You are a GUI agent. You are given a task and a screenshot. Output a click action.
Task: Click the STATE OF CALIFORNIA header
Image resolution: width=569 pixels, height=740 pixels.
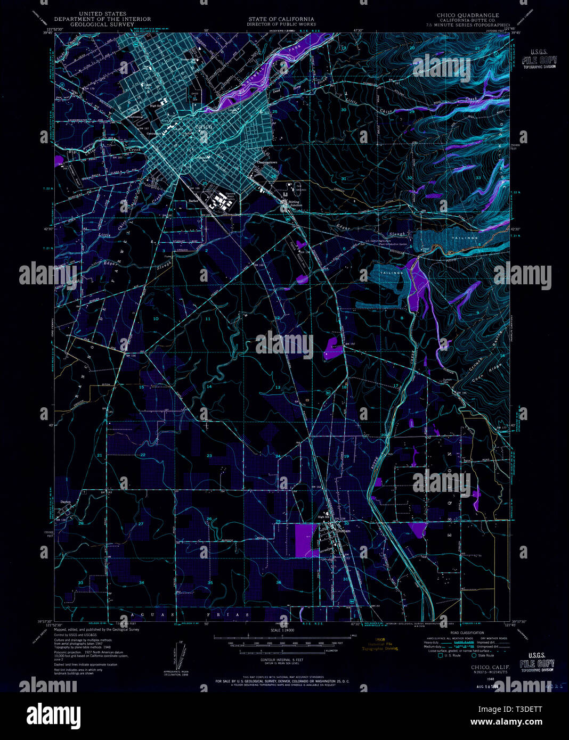point(281,19)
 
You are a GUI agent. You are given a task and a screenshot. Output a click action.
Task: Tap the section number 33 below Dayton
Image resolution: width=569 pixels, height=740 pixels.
point(80,583)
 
